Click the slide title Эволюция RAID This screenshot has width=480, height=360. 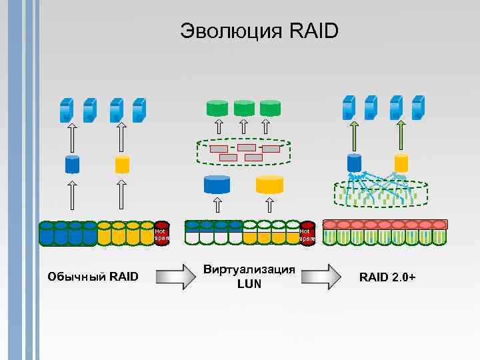(x=259, y=31)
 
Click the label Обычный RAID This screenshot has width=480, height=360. (x=93, y=276)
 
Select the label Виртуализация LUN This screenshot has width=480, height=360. (x=249, y=277)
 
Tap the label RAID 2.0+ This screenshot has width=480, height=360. (x=387, y=277)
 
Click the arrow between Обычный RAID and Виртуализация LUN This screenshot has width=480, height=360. (x=170, y=276)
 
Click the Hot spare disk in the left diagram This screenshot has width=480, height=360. (x=161, y=233)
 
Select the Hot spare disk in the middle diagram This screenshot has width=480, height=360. (x=307, y=233)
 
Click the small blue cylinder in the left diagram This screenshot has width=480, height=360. (x=72, y=163)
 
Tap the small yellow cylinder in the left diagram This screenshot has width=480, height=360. (x=122, y=163)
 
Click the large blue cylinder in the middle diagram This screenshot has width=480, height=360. (x=217, y=184)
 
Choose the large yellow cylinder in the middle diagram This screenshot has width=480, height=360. (x=269, y=184)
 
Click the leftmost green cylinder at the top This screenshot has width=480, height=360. (x=217, y=107)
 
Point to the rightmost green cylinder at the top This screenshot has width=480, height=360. (x=270, y=107)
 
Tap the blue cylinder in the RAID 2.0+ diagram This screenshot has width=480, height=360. (x=354, y=162)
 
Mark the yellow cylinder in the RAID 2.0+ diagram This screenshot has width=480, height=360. (x=401, y=162)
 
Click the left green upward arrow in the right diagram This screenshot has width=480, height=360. (x=354, y=135)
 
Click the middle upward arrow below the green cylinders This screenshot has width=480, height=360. (x=244, y=127)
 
